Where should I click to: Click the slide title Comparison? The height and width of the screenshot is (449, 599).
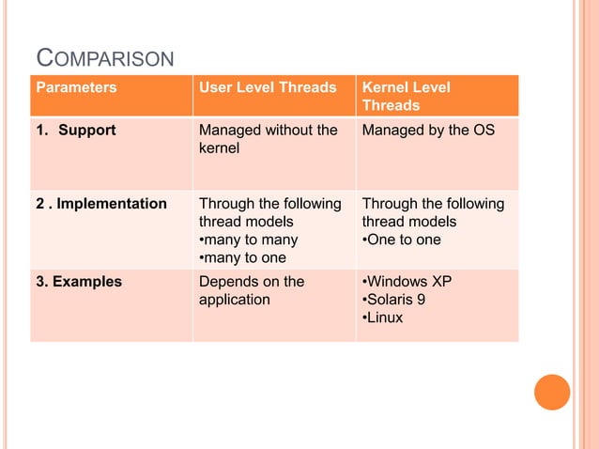[x=104, y=59]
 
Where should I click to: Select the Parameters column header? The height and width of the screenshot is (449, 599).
[x=76, y=87]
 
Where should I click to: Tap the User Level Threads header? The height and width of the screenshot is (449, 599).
[x=267, y=87]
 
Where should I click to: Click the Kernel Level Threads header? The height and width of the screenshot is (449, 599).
[x=406, y=96]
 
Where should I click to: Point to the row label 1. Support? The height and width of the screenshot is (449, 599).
[x=76, y=130]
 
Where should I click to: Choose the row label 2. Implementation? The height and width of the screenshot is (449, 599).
[x=101, y=204]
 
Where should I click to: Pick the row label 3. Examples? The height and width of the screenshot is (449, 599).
[x=79, y=281]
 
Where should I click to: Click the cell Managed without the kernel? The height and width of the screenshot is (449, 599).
[x=267, y=139]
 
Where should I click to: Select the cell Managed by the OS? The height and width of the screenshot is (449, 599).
[x=427, y=130]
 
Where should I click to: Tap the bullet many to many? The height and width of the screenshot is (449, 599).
[x=248, y=240]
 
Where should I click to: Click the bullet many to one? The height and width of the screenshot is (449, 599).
[x=243, y=257]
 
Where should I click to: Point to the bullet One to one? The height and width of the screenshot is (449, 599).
[x=401, y=240]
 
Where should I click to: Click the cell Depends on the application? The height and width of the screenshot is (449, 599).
[x=251, y=290]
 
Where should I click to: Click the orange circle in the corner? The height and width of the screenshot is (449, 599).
[x=552, y=393]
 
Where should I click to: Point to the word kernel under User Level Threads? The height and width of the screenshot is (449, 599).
[x=219, y=148]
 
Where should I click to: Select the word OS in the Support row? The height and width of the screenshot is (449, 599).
[x=482, y=130]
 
